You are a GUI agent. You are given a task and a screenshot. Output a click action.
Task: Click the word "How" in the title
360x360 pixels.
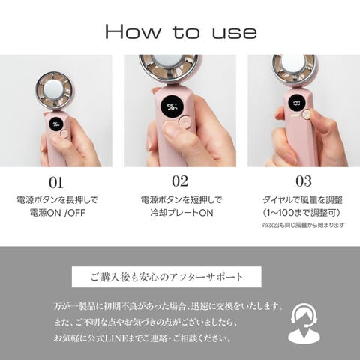point(133,31)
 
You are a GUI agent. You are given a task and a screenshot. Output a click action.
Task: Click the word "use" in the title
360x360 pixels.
point(235,33)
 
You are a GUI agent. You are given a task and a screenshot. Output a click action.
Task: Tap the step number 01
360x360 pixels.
point(56,183)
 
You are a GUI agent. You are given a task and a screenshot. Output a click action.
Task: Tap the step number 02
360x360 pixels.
point(180,181)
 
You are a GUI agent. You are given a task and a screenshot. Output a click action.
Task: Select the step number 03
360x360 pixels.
point(304,181)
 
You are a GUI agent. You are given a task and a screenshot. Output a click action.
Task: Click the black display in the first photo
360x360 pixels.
point(55,124)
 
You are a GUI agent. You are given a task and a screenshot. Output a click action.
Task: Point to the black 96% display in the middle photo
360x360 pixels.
point(172,107)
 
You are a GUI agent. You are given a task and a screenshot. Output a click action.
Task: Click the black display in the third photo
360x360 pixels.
point(297,103)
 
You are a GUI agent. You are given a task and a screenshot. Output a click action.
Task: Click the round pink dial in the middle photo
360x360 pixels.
point(184,121)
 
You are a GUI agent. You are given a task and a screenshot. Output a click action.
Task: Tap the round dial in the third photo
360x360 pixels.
point(306,115)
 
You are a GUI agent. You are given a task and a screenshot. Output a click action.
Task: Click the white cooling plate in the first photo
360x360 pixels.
point(54,90)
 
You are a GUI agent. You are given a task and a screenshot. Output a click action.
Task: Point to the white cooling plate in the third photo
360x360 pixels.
point(295,63)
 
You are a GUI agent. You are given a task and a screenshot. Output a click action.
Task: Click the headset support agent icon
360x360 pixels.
point(304,323)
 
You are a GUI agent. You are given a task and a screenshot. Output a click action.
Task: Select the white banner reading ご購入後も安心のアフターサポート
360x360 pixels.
point(166,277)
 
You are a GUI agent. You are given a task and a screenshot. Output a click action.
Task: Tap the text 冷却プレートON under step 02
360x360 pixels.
point(181,213)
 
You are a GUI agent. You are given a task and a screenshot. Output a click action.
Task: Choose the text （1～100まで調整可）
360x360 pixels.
point(303,213)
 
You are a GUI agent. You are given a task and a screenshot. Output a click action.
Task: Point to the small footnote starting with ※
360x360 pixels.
point(303,225)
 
